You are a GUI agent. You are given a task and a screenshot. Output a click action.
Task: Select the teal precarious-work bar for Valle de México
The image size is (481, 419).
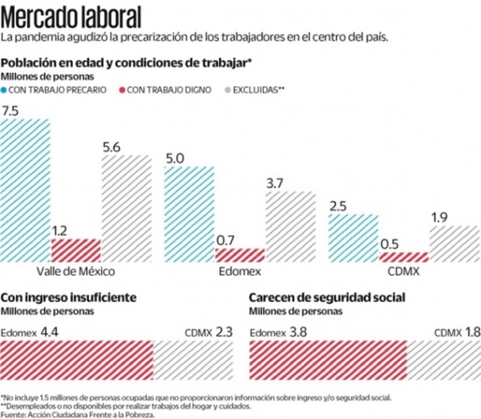(x=26, y=191)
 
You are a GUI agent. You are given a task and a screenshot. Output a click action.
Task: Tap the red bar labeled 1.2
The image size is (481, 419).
(x=76, y=250)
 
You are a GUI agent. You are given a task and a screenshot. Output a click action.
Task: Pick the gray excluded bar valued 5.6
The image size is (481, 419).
(x=126, y=208)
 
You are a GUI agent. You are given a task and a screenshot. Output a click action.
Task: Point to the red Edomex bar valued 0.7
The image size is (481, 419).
(x=240, y=255)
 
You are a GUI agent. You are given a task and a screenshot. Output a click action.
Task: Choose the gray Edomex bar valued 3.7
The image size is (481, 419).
(x=290, y=226)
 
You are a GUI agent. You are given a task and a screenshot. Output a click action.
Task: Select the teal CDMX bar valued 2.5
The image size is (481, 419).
(x=353, y=237)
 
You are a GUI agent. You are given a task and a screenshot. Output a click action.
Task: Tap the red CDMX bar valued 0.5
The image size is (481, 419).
(x=403, y=257)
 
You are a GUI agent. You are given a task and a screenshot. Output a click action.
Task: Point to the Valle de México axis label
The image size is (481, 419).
(x=76, y=272)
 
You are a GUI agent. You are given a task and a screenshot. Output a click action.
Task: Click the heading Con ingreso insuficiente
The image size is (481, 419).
(x=69, y=297)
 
